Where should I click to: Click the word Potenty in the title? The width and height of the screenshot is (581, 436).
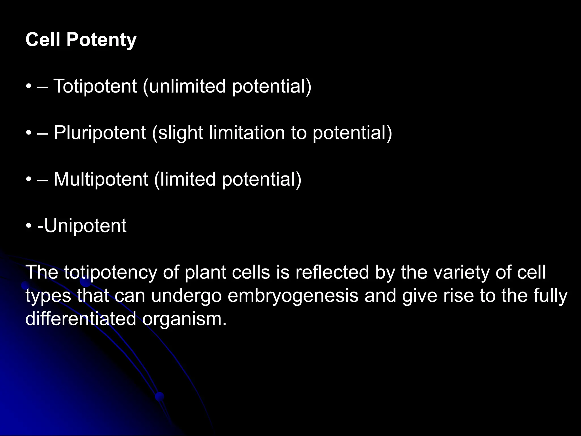point(101,40)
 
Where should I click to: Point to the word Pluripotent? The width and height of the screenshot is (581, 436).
point(100,133)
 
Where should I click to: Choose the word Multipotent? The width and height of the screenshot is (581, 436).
point(101,179)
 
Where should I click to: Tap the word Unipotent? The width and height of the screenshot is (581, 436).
point(85,226)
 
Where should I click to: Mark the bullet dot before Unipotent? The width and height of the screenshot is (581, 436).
point(28,226)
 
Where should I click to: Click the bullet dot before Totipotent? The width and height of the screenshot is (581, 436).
point(28,87)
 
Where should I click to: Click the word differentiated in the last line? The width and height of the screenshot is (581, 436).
point(81,319)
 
